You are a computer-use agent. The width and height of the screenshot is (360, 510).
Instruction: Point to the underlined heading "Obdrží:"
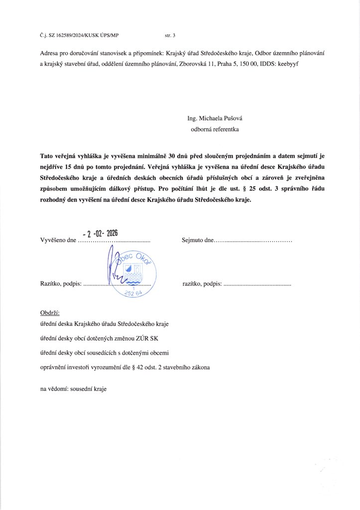pyautogui.click(x=50, y=313)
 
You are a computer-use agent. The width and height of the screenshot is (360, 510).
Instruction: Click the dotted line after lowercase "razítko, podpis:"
pyautogui.click(x=257, y=284)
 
